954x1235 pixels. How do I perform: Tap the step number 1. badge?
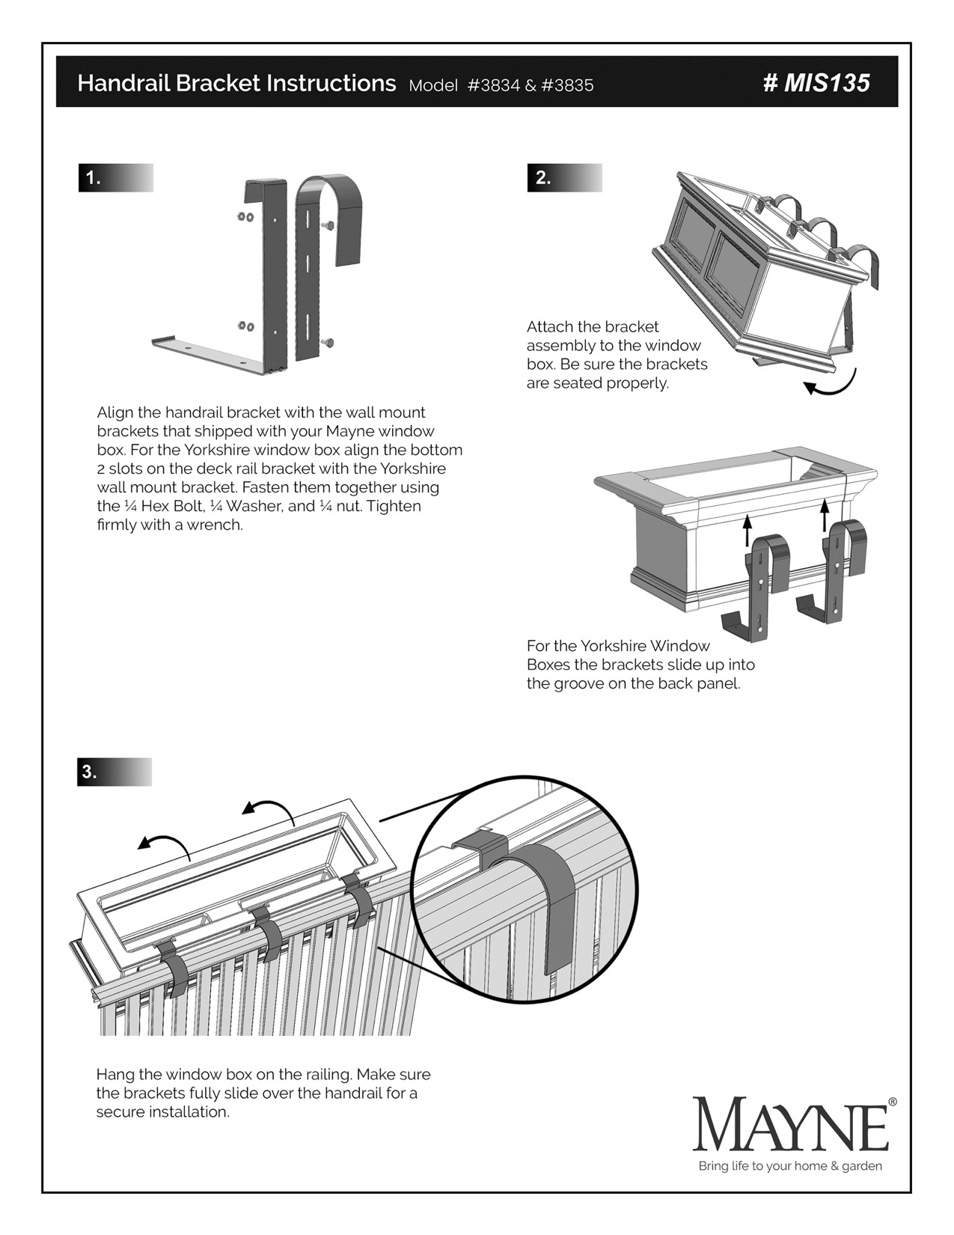tap(94, 178)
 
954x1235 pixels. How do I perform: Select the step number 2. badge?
tap(543, 178)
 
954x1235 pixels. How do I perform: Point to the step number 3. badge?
tap(90, 772)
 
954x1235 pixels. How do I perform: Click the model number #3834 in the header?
tap(493, 85)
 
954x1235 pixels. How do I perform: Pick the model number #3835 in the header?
tap(567, 85)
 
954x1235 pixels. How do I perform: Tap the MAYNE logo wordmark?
tap(790, 1124)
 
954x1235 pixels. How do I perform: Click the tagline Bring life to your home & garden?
tap(790, 1166)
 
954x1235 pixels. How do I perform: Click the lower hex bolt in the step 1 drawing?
tap(327, 342)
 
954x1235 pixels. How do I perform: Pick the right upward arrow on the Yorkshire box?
tap(824, 515)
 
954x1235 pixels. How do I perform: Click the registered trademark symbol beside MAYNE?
tap(892, 1102)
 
